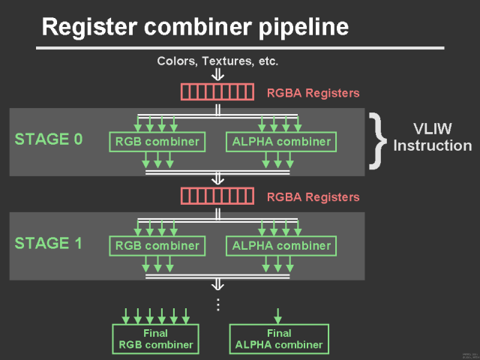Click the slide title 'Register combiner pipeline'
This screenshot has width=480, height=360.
point(195,28)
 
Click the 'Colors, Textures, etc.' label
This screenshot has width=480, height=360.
point(217,61)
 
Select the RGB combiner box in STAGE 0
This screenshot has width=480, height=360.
point(157,141)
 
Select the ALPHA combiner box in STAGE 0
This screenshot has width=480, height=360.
point(281,141)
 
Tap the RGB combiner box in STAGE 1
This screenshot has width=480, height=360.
point(157,245)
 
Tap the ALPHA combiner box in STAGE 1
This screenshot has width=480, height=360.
point(281,245)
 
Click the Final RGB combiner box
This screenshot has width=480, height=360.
point(154,339)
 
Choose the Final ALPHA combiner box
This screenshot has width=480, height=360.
point(279,339)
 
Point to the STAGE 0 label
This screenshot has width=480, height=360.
point(49,139)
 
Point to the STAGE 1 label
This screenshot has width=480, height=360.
point(49,244)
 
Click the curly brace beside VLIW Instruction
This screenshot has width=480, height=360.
point(376,140)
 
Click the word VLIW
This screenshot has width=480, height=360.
point(433,127)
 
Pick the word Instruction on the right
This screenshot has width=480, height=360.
point(433,145)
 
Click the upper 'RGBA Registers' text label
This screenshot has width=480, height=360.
point(313,93)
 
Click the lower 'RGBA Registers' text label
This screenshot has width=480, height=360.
point(313,197)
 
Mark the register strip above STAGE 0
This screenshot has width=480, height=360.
point(217,92)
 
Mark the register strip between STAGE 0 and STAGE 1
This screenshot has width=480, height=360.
point(217,196)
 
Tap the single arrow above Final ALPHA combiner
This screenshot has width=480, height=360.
point(279,315)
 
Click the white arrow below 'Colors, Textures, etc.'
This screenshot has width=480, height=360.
point(217,74)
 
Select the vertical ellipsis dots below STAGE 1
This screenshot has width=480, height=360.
point(218,304)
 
